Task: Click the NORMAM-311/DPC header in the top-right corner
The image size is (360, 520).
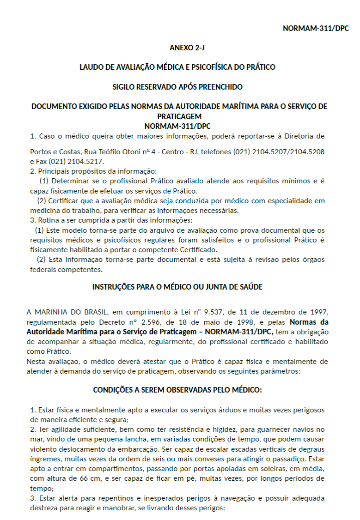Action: pyautogui.click(x=316, y=28)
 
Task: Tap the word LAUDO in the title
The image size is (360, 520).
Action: pyautogui.click(x=92, y=67)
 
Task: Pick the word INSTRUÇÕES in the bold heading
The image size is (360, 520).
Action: pyautogui.click(x=113, y=287)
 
